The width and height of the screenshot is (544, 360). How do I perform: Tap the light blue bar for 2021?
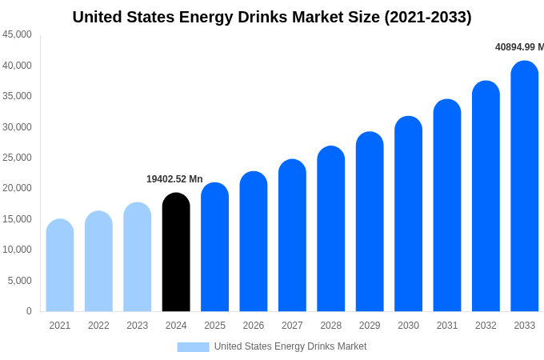[x=60, y=266]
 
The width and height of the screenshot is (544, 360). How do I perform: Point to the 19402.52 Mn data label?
[x=174, y=179]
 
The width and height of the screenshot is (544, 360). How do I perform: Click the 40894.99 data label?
[x=518, y=47]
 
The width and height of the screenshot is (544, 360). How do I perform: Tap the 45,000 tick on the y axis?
[x=17, y=34]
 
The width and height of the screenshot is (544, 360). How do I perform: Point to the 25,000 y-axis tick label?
[x=17, y=158]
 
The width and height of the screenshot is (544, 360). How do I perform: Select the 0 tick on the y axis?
[x=29, y=311]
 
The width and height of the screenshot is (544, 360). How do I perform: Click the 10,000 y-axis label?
[x=17, y=250]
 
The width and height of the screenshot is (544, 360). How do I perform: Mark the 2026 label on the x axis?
[x=254, y=326]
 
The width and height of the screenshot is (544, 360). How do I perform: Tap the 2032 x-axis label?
[x=486, y=326]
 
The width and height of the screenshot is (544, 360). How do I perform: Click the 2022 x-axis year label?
[x=98, y=326]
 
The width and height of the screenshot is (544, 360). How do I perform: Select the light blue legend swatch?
[x=193, y=347]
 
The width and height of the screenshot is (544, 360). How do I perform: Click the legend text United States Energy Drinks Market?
[x=290, y=346]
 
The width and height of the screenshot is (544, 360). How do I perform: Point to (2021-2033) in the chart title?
[x=428, y=17]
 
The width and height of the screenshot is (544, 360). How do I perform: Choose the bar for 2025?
[x=214, y=247]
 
